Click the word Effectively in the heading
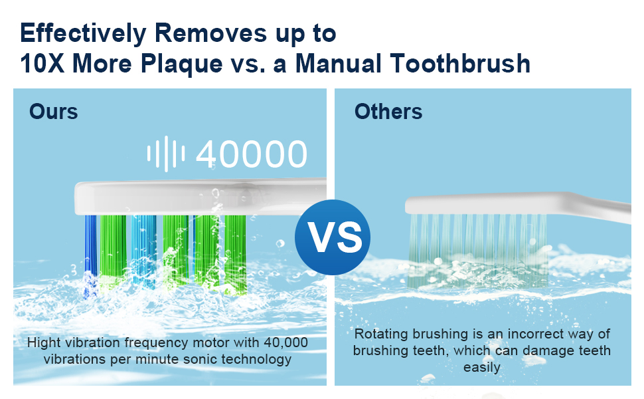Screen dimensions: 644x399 tap(83, 34)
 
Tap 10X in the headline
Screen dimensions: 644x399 tap(41, 64)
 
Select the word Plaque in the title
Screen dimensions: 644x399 tap(181, 65)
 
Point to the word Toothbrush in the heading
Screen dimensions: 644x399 tap(460, 64)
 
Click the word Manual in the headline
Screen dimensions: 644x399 tap(339, 64)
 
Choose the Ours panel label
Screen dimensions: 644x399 tap(53, 112)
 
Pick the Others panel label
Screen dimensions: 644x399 tap(388, 112)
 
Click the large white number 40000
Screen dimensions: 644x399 tap(252, 154)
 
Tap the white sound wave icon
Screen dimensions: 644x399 tap(166, 154)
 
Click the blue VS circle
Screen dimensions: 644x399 tap(332, 237)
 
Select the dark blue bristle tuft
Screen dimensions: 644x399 tap(91, 255)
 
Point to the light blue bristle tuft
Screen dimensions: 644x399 tap(144, 251)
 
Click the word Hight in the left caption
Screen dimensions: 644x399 tap(44, 342)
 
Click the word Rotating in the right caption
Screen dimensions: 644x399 tap(382, 334)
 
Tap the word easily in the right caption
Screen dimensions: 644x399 tap(482, 367)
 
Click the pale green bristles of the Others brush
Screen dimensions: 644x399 tap(477, 250)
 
